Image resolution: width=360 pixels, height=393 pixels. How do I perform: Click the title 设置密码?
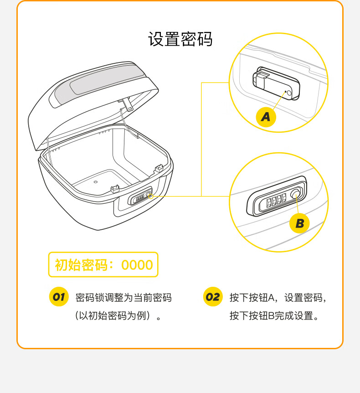[180, 39]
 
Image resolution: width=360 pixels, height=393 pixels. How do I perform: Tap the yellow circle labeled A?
[266, 117]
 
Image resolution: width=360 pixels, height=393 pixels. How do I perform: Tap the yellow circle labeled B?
[299, 223]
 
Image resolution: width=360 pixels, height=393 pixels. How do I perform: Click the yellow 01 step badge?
[59, 297]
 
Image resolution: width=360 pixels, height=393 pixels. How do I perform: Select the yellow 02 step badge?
[213, 297]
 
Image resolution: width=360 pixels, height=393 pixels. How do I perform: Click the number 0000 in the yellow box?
[137, 265]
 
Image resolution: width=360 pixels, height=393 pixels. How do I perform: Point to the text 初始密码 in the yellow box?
[81, 265]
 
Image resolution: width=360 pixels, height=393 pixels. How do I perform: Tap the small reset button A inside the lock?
[289, 93]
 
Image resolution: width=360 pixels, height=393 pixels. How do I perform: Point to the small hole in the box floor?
[95, 182]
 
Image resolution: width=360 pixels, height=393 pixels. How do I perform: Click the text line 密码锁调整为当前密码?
[123, 298]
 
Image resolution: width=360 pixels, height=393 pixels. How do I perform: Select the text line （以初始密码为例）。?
[118, 315]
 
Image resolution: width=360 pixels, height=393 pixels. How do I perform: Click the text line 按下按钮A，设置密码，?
[278, 298]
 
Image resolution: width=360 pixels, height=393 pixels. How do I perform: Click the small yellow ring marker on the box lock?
[151, 196]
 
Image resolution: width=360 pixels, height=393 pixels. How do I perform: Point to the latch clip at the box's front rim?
[115, 189]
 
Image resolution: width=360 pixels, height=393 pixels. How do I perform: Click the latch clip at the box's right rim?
[159, 169]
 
